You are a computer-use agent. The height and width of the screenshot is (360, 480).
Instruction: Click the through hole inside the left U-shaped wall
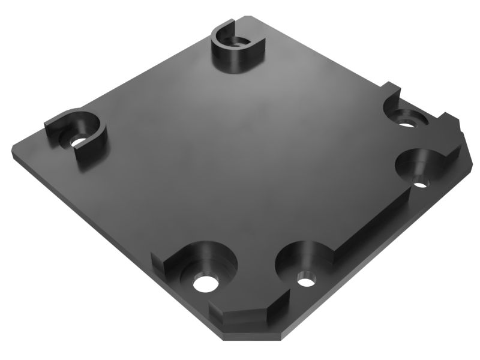79,142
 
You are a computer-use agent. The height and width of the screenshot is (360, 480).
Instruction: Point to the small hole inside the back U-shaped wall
238,43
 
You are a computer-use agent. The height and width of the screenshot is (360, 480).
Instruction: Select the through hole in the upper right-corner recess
408,123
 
